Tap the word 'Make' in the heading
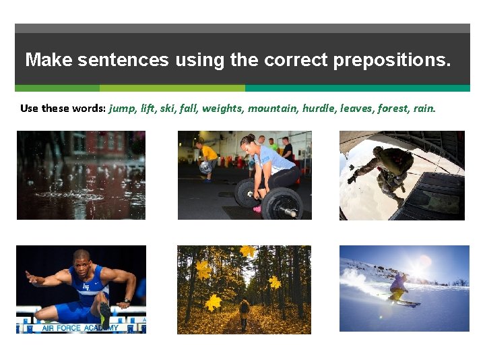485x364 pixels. (x=48, y=60)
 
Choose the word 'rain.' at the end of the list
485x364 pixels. (x=425, y=108)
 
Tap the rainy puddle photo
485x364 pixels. (x=81, y=175)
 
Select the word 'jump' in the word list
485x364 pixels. (x=121, y=108)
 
